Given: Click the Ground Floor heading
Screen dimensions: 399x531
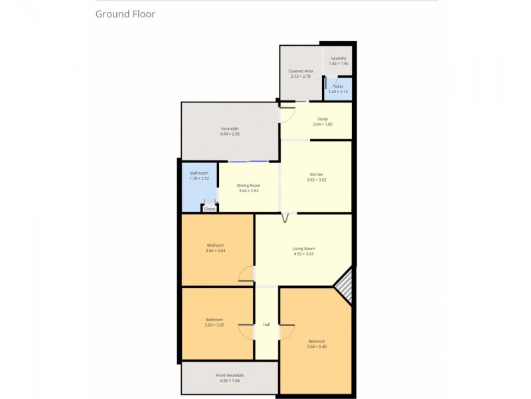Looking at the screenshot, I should (125, 13).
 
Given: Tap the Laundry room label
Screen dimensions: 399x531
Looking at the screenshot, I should (339, 59).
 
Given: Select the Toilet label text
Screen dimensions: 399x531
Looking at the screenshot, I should (338, 86).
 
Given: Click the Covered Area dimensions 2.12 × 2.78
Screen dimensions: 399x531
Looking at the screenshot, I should (301, 76).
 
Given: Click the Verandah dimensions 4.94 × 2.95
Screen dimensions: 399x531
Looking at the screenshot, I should (230, 134).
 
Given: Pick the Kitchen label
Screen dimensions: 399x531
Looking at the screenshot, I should (317, 174).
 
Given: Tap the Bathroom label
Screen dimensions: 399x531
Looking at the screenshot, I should (199, 173).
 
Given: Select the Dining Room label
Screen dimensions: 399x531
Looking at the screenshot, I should (249, 186).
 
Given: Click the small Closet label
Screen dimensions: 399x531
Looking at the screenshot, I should (210, 209).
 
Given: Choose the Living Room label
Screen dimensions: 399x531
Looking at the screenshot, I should (303, 249).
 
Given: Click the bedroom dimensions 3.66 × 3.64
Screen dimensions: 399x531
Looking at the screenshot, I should (216, 251).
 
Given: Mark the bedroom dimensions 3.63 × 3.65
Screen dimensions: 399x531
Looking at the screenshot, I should (214, 325).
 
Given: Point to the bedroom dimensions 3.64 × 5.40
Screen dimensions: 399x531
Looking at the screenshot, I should (317, 346).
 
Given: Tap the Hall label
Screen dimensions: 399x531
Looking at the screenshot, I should (266, 325).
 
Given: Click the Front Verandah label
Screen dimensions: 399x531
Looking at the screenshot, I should (230, 376).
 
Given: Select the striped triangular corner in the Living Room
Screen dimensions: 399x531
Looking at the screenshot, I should (344, 287).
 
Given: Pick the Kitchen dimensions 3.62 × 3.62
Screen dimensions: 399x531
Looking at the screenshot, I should (317, 180).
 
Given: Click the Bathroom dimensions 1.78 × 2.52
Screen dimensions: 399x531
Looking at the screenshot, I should (199, 178).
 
